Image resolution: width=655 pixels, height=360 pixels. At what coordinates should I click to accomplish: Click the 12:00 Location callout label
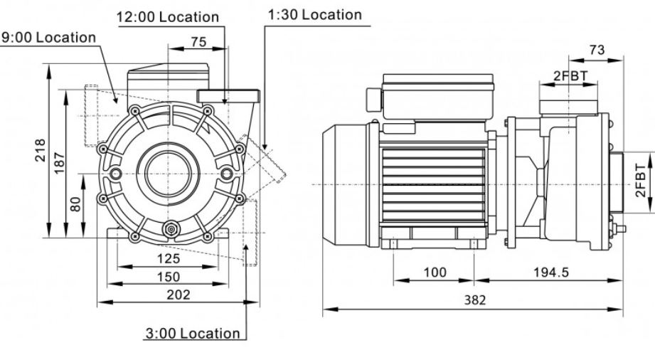(x=168, y=17)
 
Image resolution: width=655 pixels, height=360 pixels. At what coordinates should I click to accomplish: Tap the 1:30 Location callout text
(x=315, y=15)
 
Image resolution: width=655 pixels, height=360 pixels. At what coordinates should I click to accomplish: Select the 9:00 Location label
(x=49, y=38)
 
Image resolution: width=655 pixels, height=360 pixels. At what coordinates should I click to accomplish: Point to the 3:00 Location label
(x=193, y=333)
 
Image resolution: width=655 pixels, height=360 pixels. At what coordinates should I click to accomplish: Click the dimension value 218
(x=40, y=151)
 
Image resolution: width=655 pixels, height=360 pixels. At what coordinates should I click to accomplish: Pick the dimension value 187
(x=59, y=163)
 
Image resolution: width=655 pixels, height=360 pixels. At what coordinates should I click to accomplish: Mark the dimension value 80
(x=75, y=204)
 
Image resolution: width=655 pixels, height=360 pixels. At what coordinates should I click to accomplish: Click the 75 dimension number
(x=199, y=42)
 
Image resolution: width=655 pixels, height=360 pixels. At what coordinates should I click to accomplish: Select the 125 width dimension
(x=169, y=258)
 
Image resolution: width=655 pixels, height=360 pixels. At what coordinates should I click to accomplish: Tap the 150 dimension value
(x=169, y=276)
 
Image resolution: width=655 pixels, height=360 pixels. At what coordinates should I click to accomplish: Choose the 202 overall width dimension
(x=179, y=295)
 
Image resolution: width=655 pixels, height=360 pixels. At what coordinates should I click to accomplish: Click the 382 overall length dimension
(x=475, y=300)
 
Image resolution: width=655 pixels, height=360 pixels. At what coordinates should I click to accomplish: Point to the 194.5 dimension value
(x=551, y=272)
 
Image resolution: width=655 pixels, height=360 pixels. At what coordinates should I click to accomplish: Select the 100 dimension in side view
(x=435, y=272)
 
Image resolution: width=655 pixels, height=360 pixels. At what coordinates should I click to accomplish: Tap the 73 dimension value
(x=597, y=50)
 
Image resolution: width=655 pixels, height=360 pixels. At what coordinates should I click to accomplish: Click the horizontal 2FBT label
(x=570, y=75)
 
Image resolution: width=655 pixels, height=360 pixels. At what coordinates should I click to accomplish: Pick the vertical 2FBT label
(x=640, y=181)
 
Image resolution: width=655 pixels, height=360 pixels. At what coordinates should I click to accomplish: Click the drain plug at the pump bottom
(x=171, y=229)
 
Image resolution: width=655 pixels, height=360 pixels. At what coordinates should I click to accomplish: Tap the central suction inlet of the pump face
(x=169, y=174)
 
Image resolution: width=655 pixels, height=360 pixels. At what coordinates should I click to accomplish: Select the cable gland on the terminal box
(x=374, y=100)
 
